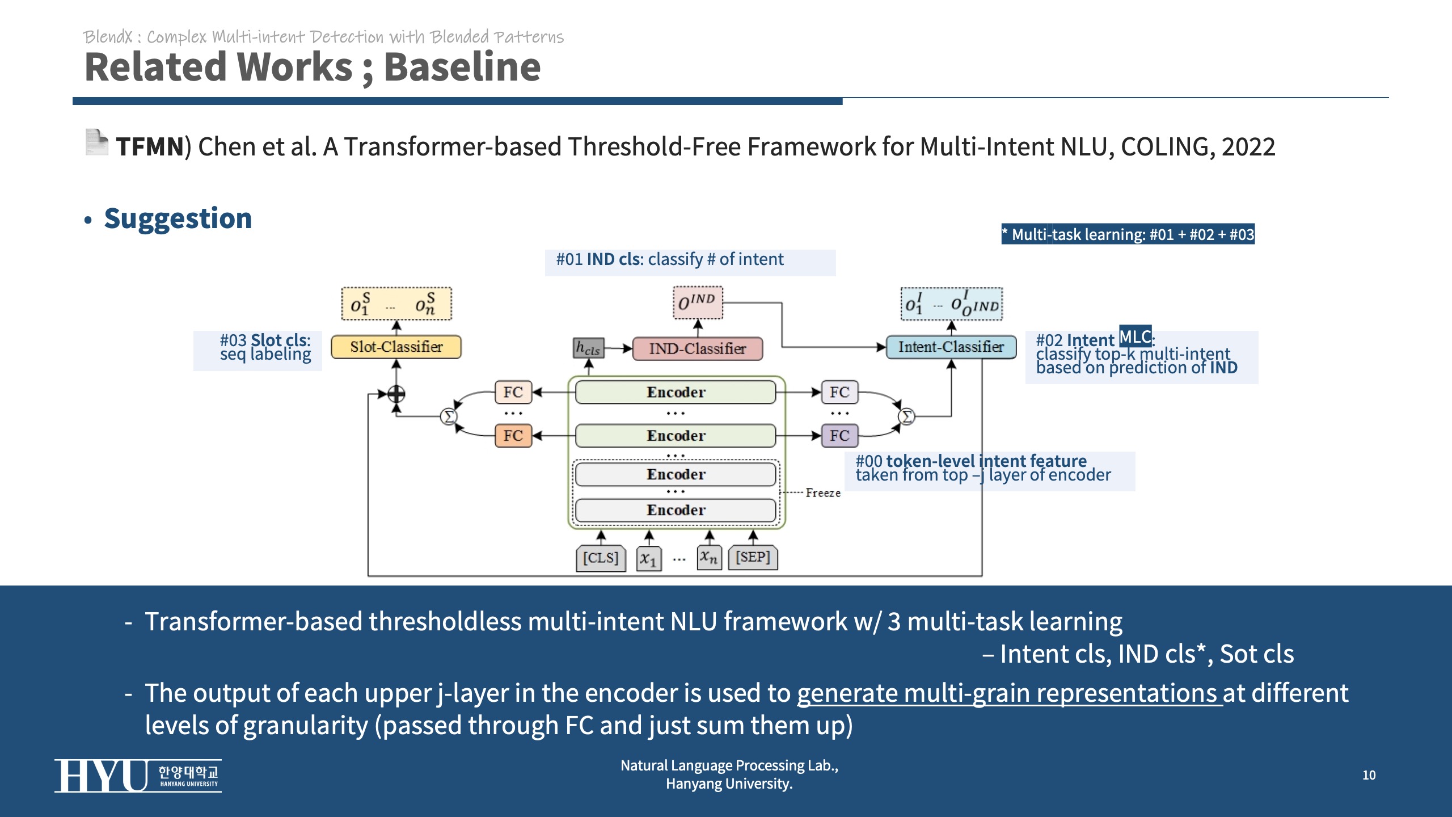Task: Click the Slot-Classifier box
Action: coord(396,347)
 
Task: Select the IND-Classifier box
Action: coord(697,348)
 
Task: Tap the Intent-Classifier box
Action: coord(951,347)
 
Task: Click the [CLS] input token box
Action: coord(601,558)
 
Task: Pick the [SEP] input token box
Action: coord(753,557)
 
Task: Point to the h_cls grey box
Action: coord(588,348)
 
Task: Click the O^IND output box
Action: coord(697,302)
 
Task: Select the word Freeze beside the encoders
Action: coord(822,493)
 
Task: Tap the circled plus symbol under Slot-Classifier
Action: coord(396,393)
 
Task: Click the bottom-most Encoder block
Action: coord(676,510)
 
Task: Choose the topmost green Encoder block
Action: coord(676,392)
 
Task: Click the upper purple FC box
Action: coord(839,392)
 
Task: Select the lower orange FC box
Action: coord(513,436)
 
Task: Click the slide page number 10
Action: coord(1369,775)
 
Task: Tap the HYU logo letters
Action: coord(101,776)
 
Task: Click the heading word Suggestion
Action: coord(178,218)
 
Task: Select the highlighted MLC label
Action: coord(1135,337)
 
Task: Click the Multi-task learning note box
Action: coord(1128,234)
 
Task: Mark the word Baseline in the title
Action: coord(462,67)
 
